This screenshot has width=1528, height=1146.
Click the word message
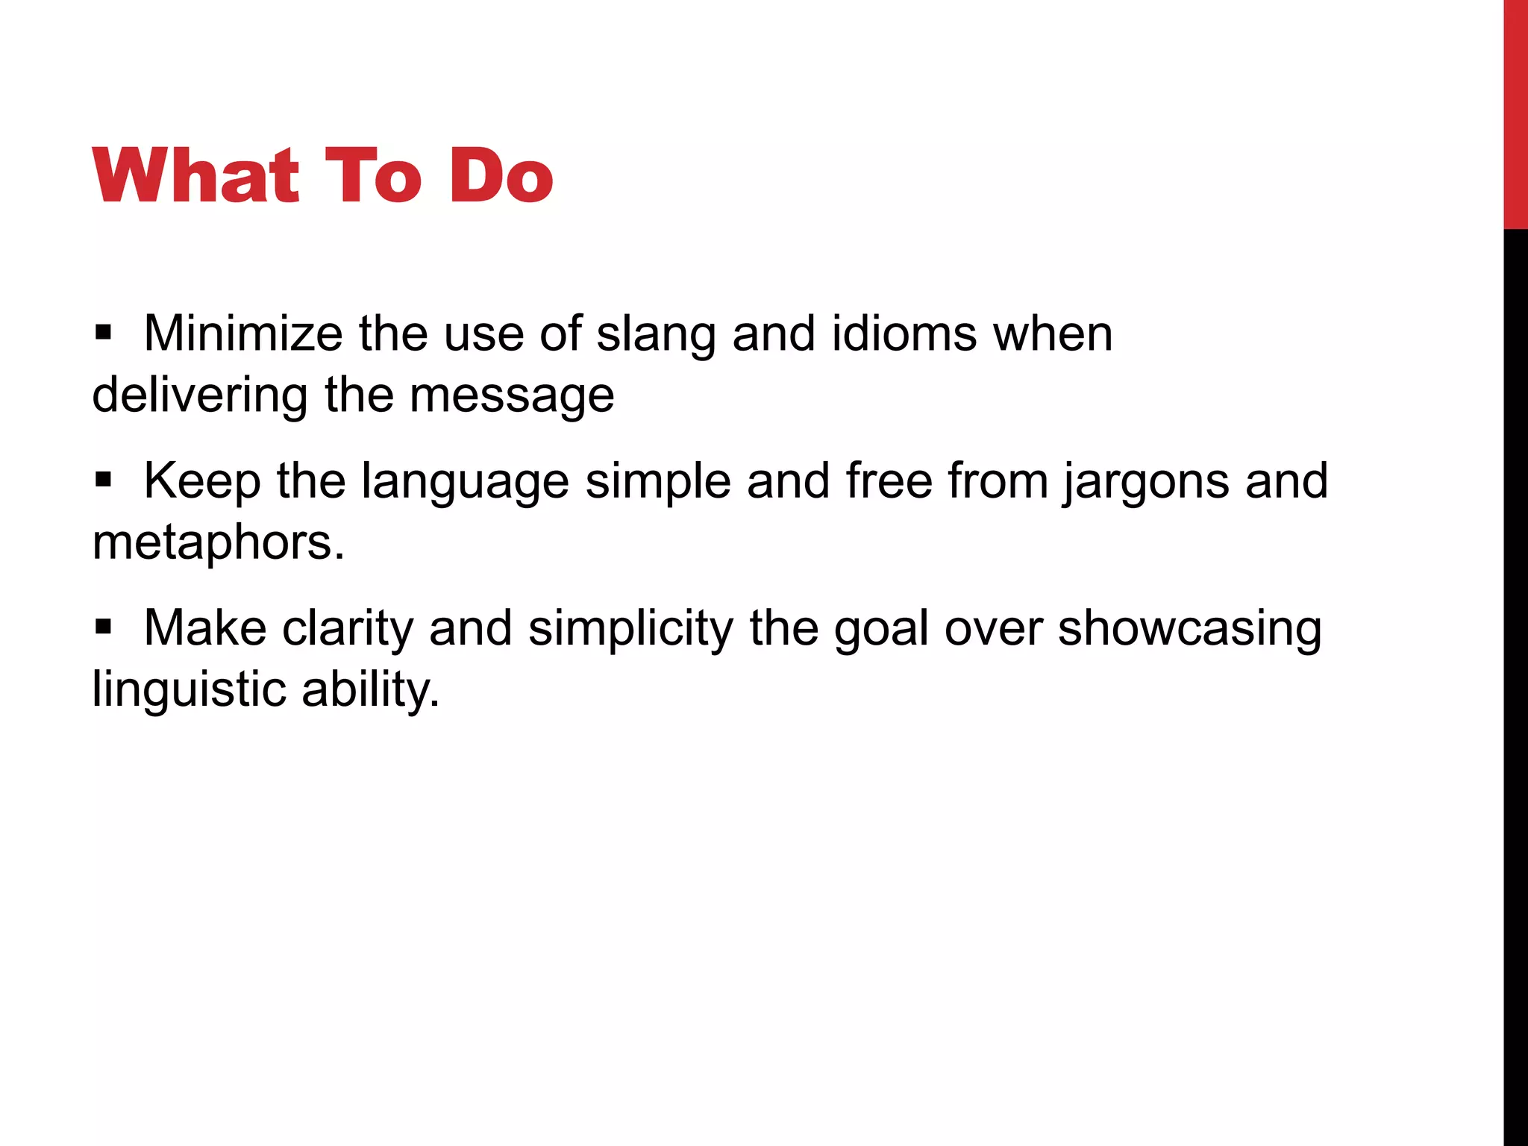512,396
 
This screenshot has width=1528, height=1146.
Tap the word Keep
202,481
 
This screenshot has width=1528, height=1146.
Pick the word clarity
347,628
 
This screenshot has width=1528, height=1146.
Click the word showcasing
1189,628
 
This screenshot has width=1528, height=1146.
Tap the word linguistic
189,689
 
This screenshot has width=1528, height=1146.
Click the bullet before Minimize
104,331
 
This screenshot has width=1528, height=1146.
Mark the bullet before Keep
104,478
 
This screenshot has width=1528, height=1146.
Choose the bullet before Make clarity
104,625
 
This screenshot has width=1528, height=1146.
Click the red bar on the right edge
1515,112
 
